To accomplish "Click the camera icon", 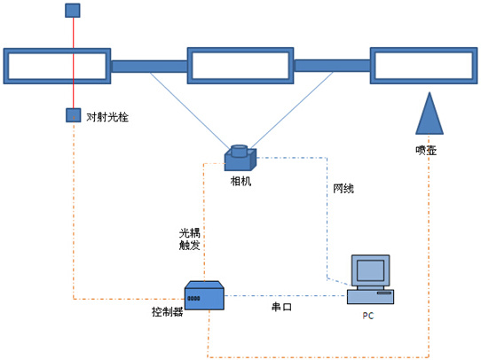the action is (x=240, y=158).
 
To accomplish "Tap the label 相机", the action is (x=240, y=181).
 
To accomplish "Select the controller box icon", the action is (x=204, y=295).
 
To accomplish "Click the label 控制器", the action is (x=168, y=312).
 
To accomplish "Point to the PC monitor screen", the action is (x=371, y=270).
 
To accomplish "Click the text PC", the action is (x=368, y=316).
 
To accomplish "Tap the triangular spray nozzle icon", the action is (x=430, y=113).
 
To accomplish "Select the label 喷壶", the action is (x=426, y=150).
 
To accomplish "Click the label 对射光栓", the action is (x=107, y=117).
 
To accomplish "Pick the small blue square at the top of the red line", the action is (x=73, y=11).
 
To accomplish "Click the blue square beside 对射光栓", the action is (x=74, y=115).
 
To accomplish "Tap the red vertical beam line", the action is (x=74, y=63).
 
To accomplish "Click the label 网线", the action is (x=343, y=189).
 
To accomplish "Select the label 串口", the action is (x=281, y=307).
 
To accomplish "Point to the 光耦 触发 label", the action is (x=190, y=239).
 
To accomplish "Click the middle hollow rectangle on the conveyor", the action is (x=240, y=66).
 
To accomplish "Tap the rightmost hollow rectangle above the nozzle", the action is (x=423, y=66).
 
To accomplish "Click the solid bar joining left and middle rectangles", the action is (x=149, y=67).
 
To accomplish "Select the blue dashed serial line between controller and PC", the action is (x=286, y=295).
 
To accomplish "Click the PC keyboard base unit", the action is (x=371, y=296).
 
